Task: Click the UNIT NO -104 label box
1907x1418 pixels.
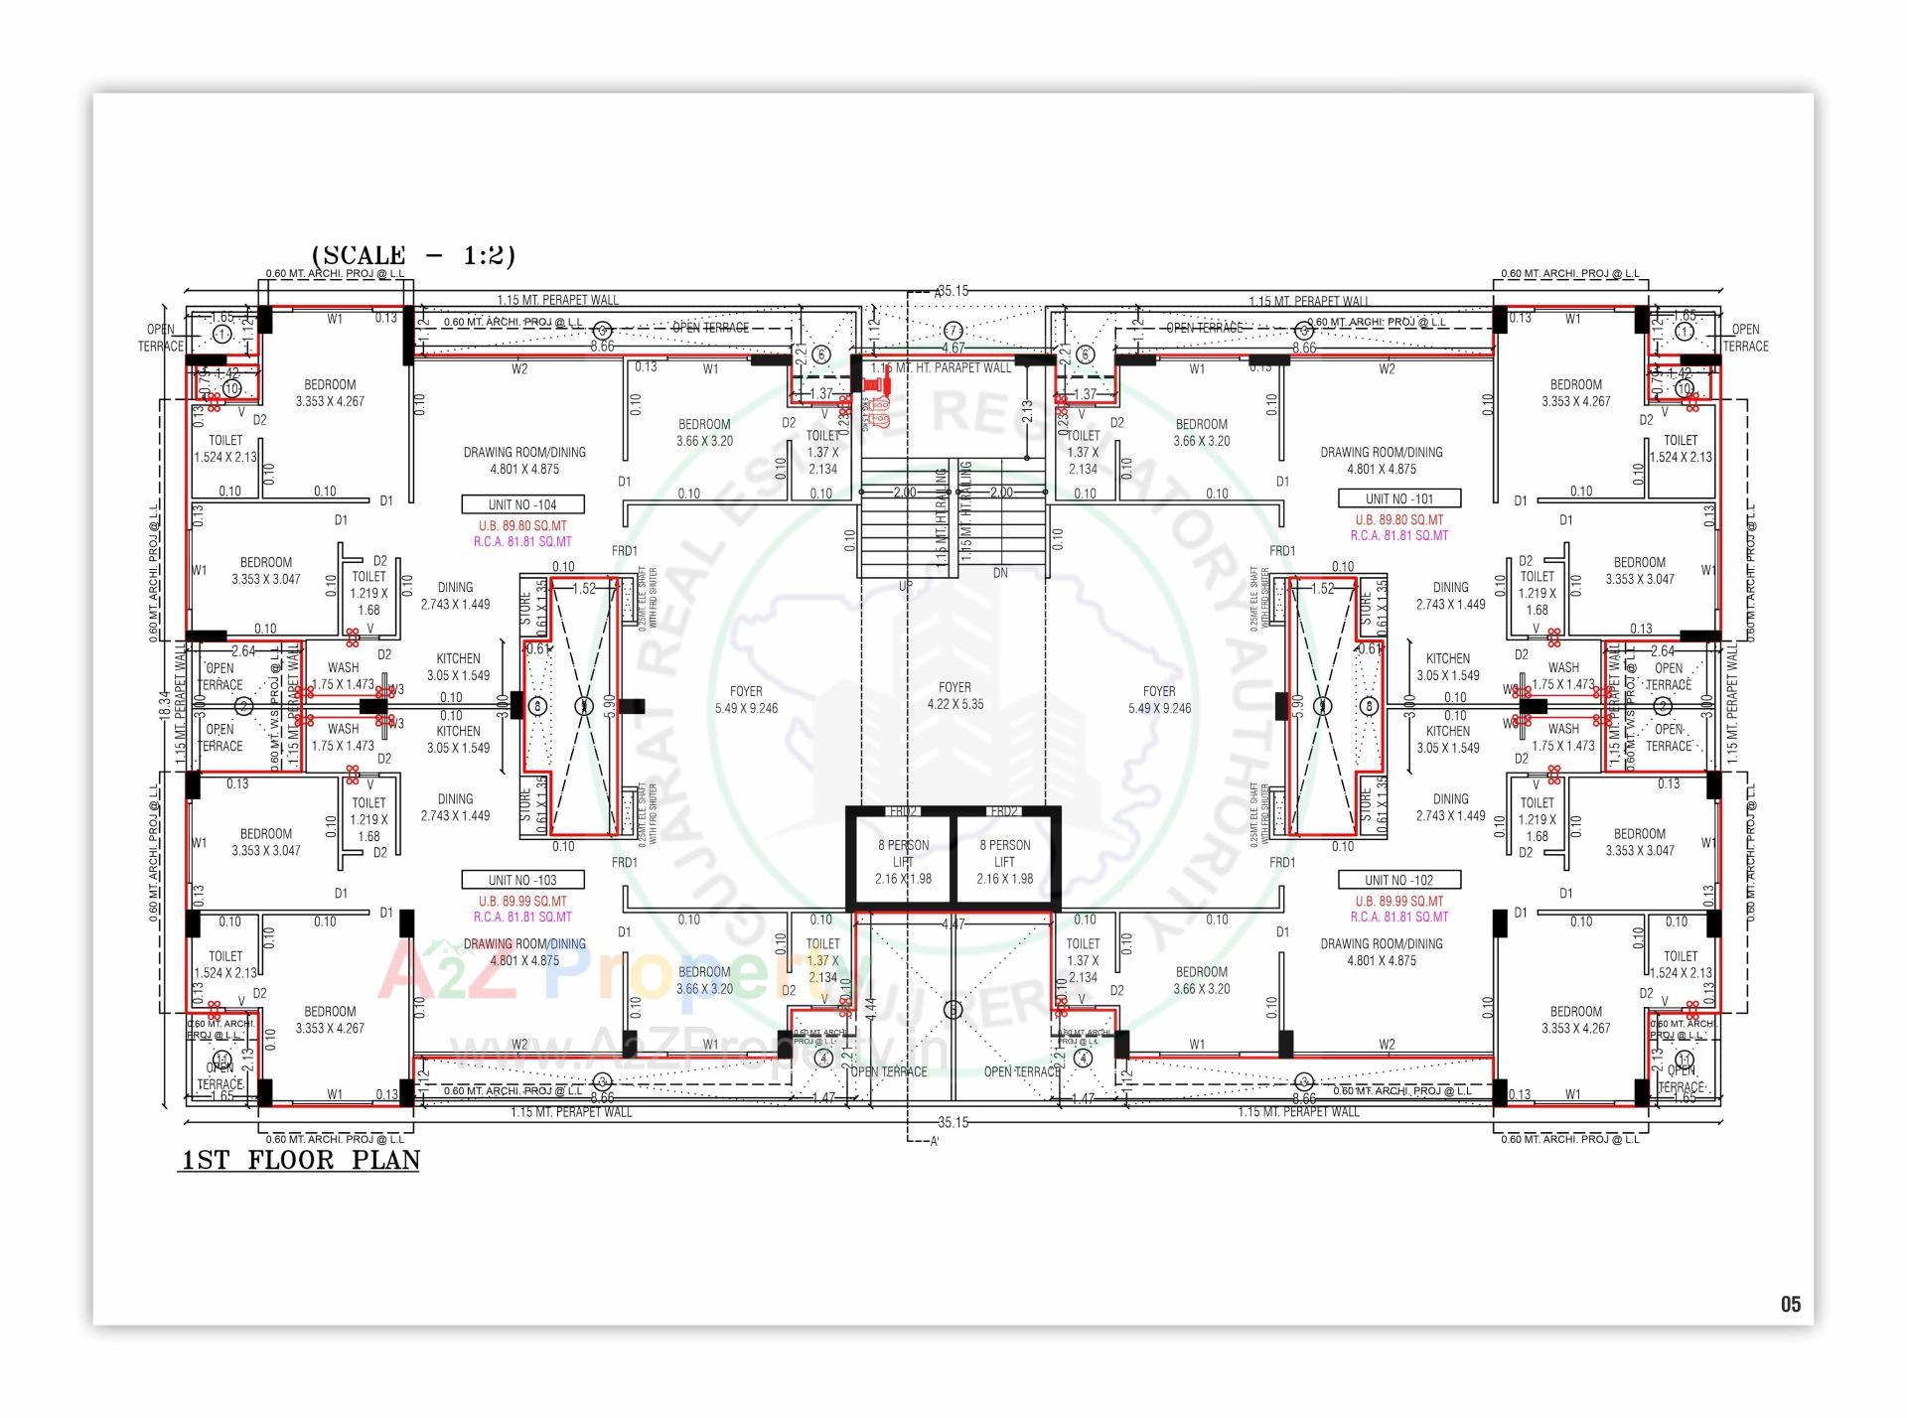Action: tap(522, 504)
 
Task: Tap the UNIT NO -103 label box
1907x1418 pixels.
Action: tap(522, 880)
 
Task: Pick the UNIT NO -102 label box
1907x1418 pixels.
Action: tap(1398, 880)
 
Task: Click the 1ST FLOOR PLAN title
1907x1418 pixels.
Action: tap(300, 1160)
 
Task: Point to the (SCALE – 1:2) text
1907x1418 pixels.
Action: tap(413, 255)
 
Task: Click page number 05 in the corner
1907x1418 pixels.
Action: tap(1790, 1304)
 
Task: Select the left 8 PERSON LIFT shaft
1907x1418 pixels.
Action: tap(903, 861)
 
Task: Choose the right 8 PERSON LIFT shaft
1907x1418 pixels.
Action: tap(1004, 861)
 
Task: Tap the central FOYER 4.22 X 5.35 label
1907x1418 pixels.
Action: tap(954, 695)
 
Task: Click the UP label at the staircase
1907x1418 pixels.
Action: tap(905, 587)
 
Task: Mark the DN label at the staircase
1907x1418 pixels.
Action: tap(1000, 573)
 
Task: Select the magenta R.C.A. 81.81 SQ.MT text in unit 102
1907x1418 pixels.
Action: tap(1398, 917)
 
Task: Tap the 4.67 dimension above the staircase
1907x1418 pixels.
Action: tap(953, 349)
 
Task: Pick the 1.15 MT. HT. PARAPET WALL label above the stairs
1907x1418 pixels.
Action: tap(941, 368)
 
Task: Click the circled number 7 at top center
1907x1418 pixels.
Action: tap(953, 330)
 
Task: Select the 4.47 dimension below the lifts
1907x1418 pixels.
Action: tap(953, 924)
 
